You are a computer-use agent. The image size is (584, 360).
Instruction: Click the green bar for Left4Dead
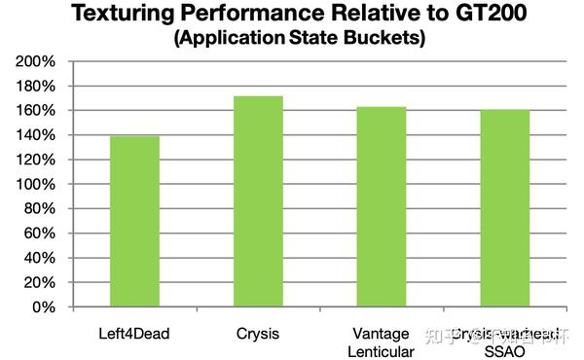134,221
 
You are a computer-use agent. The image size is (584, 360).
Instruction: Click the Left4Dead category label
134,334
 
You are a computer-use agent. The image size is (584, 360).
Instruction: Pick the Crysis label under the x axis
257,334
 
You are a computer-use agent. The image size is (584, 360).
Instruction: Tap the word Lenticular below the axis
381,350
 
